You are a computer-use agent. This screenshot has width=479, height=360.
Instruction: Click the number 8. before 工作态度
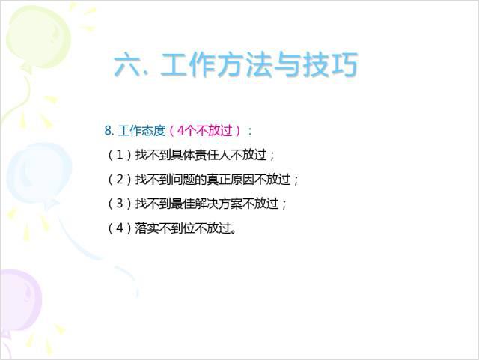click(x=109, y=130)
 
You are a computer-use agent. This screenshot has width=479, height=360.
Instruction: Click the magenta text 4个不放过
click(x=204, y=130)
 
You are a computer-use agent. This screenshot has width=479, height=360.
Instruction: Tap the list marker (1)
click(x=119, y=156)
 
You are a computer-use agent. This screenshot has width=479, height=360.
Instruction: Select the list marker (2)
click(x=119, y=180)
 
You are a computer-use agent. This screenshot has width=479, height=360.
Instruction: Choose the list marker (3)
click(x=119, y=204)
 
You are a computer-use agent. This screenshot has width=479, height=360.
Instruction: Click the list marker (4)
click(x=119, y=228)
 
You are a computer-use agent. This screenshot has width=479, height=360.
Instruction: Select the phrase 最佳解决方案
click(x=213, y=204)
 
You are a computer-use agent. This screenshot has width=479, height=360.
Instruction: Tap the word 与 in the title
click(x=288, y=66)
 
